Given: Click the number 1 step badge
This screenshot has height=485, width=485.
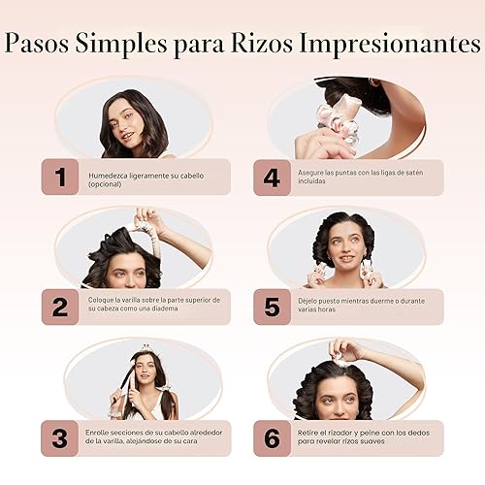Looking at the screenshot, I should [60, 177].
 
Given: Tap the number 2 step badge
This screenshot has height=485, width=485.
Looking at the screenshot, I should [60, 307].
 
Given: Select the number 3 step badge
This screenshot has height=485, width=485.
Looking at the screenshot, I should [60, 437].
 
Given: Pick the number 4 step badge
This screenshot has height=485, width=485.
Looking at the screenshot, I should [272, 177].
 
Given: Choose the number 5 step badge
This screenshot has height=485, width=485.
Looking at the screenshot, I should [272, 307].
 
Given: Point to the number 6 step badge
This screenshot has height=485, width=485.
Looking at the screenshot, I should [272, 437].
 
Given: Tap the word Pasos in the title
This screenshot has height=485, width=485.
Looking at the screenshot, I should [48, 46].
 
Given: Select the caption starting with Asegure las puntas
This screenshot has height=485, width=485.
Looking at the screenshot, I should [359, 177].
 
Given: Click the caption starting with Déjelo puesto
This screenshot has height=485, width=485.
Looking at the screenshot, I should [359, 307].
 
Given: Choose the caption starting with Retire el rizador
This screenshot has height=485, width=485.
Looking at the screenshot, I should [359, 437].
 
